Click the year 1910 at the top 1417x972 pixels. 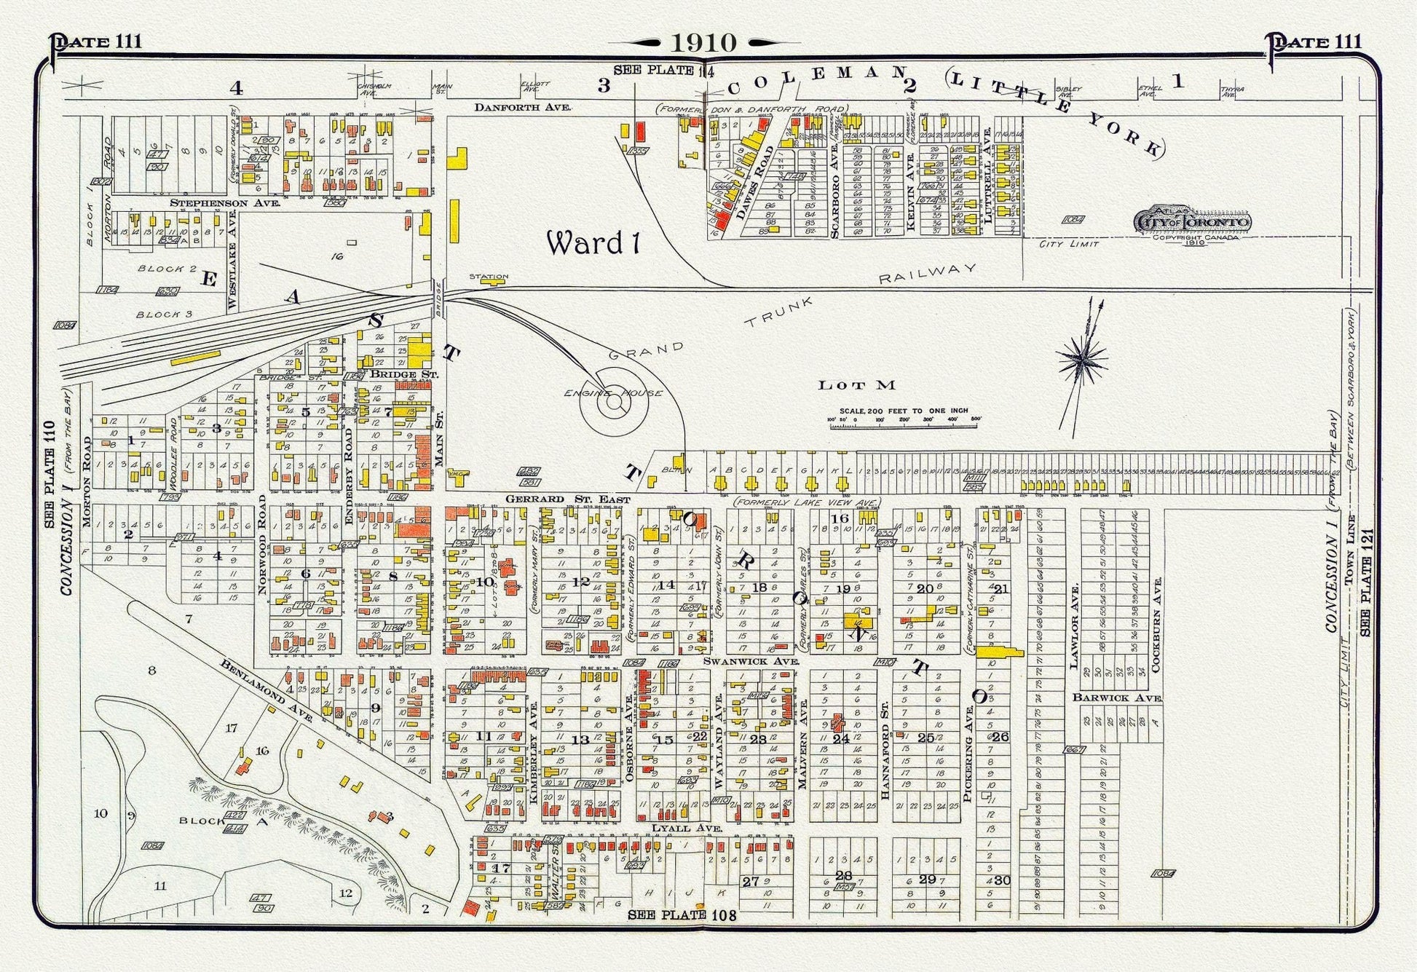click(x=703, y=42)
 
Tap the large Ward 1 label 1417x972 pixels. click(x=593, y=243)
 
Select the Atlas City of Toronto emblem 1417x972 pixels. click(x=1193, y=222)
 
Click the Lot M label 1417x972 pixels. click(x=856, y=385)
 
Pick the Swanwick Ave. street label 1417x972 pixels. click(x=751, y=661)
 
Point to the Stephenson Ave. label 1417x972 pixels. click(x=225, y=203)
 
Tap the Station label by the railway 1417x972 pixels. click(x=489, y=277)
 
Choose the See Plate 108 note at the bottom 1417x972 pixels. click(x=682, y=915)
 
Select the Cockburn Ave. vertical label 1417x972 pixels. click(x=1157, y=625)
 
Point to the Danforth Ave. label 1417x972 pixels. click(x=523, y=107)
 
